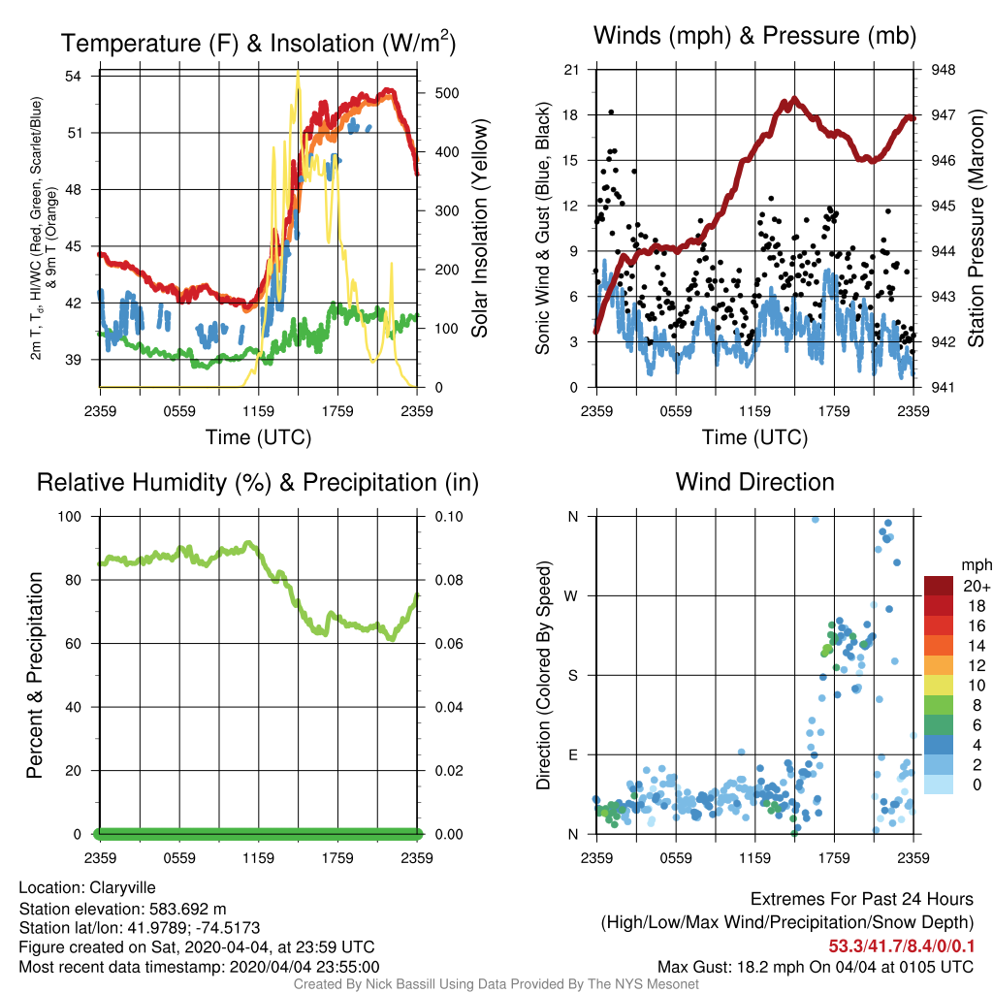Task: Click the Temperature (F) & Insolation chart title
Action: pos(258,43)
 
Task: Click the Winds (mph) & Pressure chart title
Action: pos(754,36)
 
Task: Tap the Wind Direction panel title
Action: pos(754,482)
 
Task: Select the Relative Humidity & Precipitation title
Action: pos(258,483)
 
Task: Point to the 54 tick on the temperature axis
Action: pos(74,77)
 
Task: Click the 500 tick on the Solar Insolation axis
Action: pos(446,93)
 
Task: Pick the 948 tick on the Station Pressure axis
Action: pos(943,70)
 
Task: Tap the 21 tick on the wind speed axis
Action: pos(571,70)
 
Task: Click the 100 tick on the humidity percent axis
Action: pos(70,517)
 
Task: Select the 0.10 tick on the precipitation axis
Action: pos(449,517)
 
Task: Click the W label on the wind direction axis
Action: pos(571,596)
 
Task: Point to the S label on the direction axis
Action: pos(572,676)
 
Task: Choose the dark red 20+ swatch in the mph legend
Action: pos(939,586)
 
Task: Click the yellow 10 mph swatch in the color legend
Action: pos(939,686)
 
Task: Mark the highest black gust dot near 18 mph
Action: pos(611,112)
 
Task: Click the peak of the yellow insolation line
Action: pos(298,72)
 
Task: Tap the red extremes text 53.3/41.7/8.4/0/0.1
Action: pos(901,946)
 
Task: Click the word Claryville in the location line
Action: pos(122,888)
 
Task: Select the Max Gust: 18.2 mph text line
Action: pos(815,967)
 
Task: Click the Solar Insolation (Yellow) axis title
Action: pos(479,228)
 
